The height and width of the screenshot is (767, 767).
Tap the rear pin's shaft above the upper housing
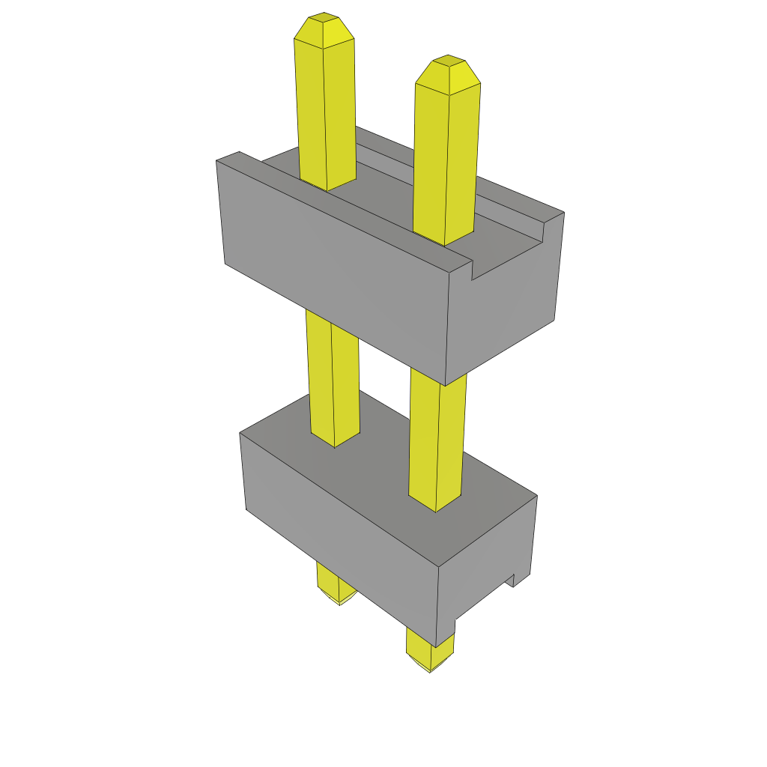coord(326,112)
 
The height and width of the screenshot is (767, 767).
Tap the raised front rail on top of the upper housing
coord(352,210)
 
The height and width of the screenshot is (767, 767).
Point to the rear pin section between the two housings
coord(333,382)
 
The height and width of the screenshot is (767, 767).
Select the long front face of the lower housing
coord(337,547)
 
